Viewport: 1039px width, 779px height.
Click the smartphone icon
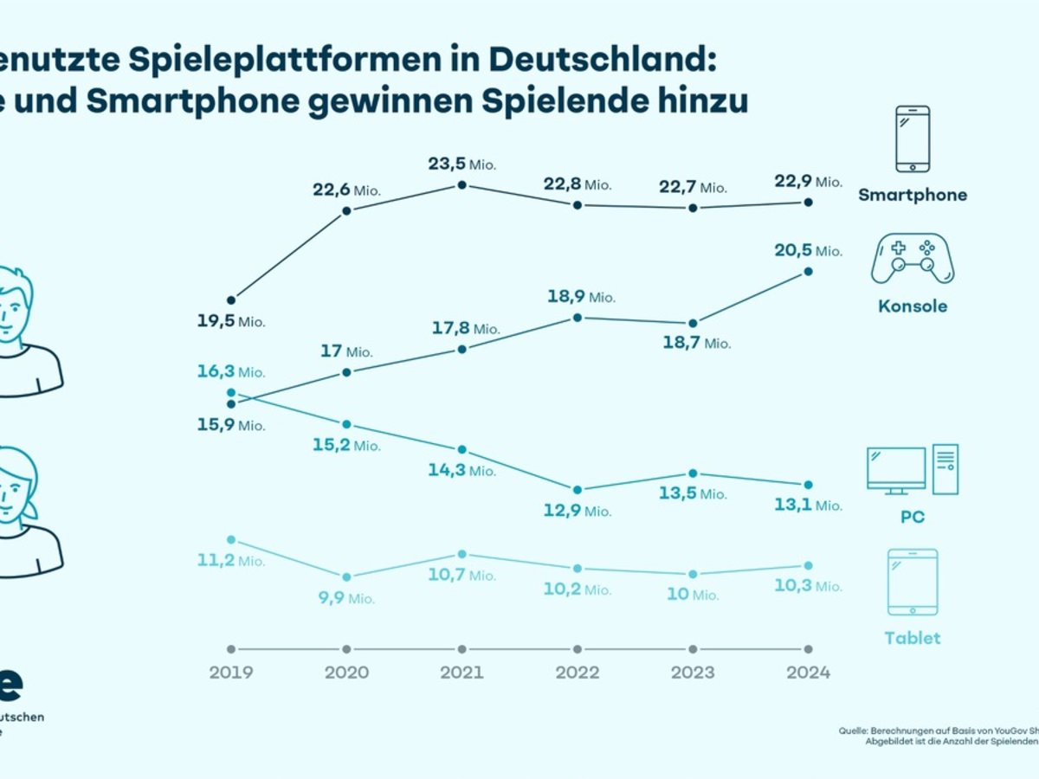click(913, 138)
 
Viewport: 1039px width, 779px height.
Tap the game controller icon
click(913, 257)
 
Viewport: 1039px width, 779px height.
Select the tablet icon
click(913, 582)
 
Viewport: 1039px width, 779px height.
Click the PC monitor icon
click(896, 470)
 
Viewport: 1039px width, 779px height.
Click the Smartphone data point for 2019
click(231, 300)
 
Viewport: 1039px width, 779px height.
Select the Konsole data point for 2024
click(808, 272)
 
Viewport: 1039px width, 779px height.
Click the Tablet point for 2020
click(346, 577)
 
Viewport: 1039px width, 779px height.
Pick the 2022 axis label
click(577, 673)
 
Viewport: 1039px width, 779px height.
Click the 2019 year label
click(230, 673)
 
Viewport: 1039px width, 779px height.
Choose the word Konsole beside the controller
click(913, 306)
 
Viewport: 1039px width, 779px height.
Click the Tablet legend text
click(913, 638)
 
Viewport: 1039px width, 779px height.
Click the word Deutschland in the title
click(601, 61)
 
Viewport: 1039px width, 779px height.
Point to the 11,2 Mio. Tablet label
click(229, 561)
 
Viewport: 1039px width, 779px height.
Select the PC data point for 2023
click(693, 473)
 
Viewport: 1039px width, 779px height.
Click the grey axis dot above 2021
click(461, 649)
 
